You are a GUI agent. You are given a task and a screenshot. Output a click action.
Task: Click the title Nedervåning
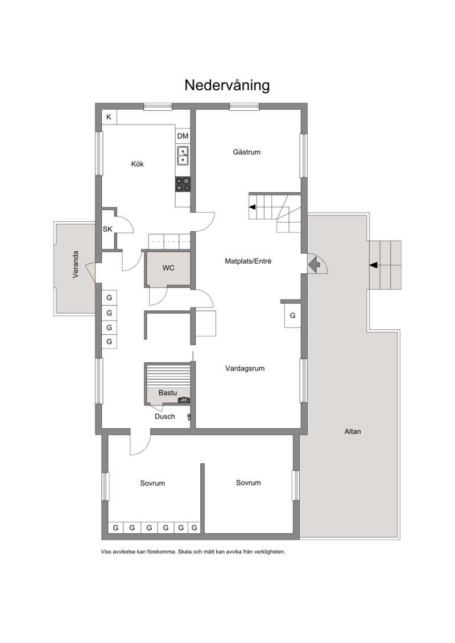point(227,85)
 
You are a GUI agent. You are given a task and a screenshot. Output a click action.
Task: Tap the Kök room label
point(138,164)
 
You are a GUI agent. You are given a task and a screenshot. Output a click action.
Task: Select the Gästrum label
point(247,152)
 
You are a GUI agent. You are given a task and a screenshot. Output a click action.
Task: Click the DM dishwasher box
point(183,136)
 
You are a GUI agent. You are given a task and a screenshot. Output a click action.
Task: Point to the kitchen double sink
point(183,155)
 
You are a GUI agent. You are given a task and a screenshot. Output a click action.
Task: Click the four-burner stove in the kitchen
point(183,184)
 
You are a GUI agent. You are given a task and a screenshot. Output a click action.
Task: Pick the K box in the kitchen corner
point(109,117)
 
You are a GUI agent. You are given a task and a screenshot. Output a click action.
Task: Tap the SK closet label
point(107,229)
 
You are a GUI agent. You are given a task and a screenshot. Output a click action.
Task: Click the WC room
point(168,268)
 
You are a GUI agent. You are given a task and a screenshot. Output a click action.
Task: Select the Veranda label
point(76,264)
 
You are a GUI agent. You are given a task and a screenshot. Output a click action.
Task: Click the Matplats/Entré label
point(248,261)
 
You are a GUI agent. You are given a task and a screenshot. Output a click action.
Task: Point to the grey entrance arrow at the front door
point(314,264)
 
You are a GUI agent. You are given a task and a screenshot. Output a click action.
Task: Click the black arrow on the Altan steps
point(373,266)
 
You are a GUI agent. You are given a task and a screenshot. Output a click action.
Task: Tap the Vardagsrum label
point(245,368)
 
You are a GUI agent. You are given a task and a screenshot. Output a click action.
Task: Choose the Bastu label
point(167,393)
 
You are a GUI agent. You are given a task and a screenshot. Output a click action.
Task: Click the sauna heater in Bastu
point(183,400)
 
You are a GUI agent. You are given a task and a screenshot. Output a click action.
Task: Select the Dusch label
point(165,417)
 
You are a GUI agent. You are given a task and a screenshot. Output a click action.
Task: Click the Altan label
point(353,432)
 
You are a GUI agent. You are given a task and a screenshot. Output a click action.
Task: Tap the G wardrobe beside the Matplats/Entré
point(292,316)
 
